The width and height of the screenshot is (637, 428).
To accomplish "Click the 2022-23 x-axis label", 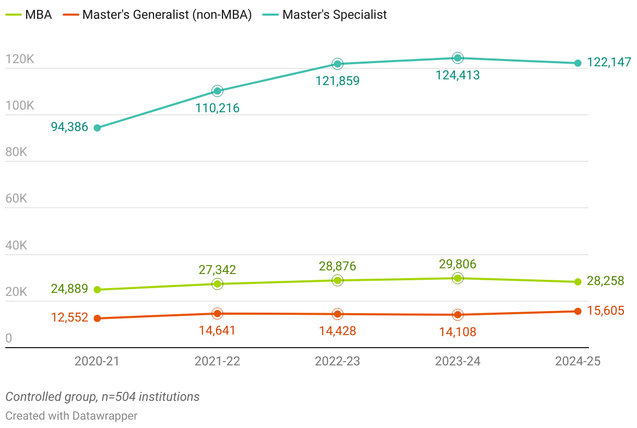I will point(337,361).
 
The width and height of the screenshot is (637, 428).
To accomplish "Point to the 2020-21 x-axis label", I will point(97,361).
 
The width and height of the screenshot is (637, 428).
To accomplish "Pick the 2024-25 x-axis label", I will point(578,361).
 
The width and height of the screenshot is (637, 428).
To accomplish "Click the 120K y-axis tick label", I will point(20,59).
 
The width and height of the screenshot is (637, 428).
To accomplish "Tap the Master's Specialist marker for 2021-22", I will point(217,91).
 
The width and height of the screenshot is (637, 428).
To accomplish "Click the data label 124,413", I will point(457,75).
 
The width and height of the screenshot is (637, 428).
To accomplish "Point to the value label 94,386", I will point(69,127).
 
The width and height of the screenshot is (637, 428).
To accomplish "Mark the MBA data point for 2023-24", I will point(457,278).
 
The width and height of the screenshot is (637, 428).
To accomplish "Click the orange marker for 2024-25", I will point(578,311).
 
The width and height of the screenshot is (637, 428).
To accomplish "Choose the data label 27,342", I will point(217,270).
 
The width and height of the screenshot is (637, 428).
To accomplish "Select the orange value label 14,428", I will point(337,331).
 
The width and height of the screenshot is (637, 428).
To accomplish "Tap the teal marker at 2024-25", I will point(578,63).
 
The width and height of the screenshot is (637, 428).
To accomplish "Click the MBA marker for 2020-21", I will point(97,290).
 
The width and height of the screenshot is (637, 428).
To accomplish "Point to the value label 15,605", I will point(606,311).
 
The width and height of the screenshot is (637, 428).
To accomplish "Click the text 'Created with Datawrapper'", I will point(72,416).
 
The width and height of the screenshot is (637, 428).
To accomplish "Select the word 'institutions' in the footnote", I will point(169,397).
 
